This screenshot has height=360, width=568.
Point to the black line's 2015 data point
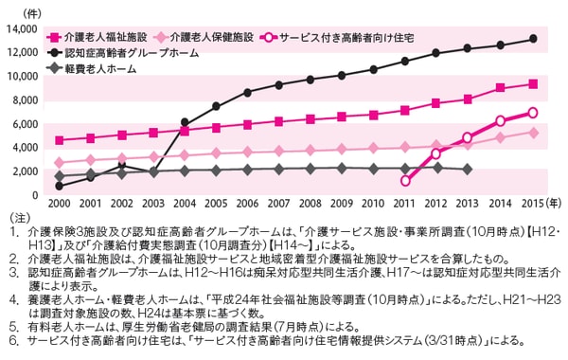(x=533, y=39)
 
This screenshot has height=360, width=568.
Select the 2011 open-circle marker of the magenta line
(x=406, y=180)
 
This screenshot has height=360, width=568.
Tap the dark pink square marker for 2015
(x=533, y=83)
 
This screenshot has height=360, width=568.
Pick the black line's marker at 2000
(x=59, y=186)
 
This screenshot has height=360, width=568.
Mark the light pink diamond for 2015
(x=533, y=133)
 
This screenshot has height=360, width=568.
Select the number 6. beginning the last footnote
(x=10, y=336)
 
